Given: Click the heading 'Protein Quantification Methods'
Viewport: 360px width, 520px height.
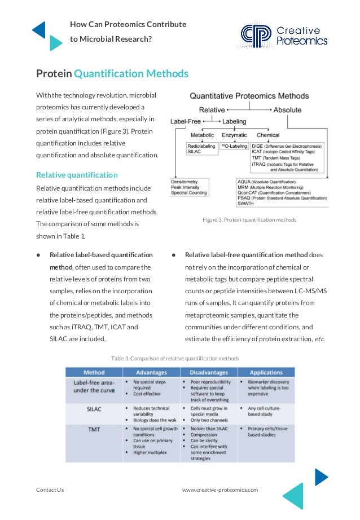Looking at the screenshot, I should (x=112, y=74).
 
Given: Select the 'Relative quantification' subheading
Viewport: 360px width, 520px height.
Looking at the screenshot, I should (x=77, y=175).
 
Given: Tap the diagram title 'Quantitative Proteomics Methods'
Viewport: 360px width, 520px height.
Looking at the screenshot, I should (x=245, y=96).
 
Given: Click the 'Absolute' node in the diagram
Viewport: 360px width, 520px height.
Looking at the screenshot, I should (x=287, y=110).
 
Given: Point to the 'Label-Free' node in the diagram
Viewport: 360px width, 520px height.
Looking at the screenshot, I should (x=186, y=121).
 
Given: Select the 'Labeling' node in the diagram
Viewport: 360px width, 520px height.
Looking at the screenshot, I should (x=234, y=121).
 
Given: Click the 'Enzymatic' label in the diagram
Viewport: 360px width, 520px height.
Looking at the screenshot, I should (x=234, y=135).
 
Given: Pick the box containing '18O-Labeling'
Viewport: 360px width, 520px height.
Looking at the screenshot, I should (x=234, y=146).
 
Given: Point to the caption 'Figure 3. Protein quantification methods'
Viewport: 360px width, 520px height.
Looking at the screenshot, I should (x=249, y=219).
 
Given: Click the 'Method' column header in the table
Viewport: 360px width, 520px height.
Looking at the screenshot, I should (x=94, y=372).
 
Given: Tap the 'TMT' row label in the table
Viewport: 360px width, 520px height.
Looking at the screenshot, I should (x=94, y=429).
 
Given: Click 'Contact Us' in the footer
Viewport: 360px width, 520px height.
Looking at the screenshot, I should (x=50, y=490).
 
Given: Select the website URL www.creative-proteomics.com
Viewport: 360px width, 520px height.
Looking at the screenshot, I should (x=219, y=490).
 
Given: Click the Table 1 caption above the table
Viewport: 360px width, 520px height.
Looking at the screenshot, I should (x=175, y=358).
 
